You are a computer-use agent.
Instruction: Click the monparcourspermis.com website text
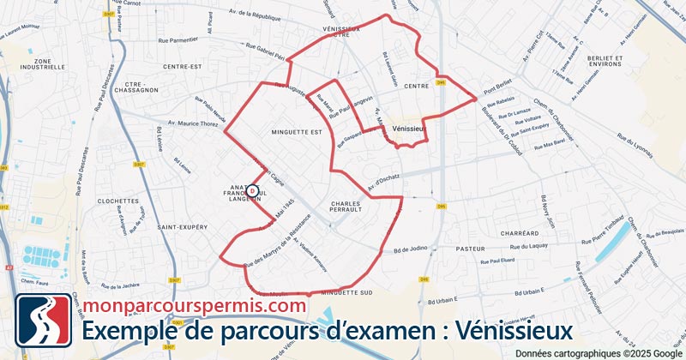[194, 304]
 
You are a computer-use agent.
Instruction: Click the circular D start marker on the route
[252, 191]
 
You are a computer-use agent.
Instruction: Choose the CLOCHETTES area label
[119, 201]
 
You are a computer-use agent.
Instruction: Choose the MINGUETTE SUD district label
[345, 294]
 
